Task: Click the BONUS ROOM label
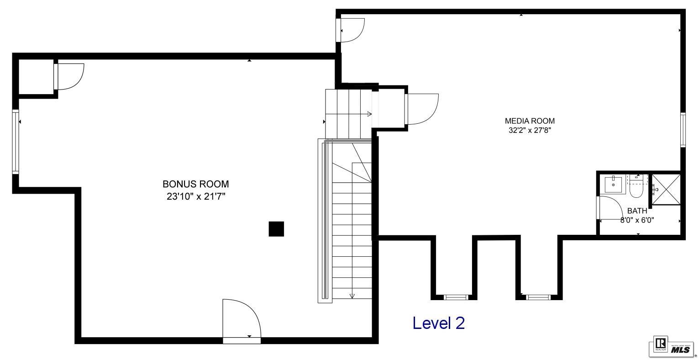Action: [x=195, y=184]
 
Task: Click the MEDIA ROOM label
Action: [x=530, y=121]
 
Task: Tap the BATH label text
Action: [x=637, y=211]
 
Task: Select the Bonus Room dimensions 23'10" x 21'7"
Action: [x=196, y=197]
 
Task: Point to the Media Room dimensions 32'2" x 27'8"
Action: [x=530, y=130]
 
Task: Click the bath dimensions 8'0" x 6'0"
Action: [x=637, y=220]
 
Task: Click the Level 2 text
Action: [x=438, y=323]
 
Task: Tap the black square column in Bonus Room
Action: [x=276, y=229]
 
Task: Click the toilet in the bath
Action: [x=636, y=187]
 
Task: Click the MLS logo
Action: [x=680, y=349]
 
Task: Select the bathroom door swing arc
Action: [x=612, y=208]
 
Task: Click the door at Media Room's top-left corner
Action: [x=352, y=30]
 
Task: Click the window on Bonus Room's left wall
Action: [x=16, y=141]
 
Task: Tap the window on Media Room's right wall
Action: [x=683, y=130]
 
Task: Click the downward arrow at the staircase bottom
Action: [x=352, y=296]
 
